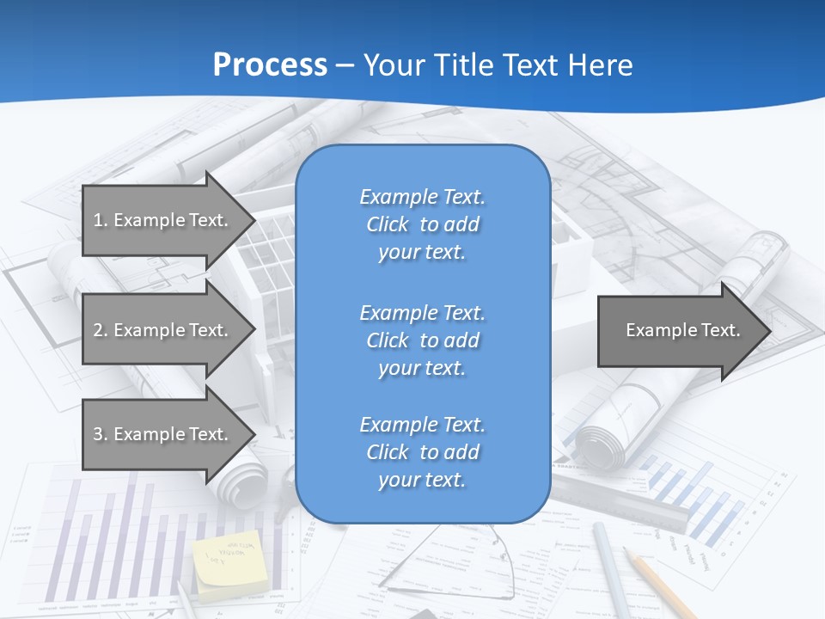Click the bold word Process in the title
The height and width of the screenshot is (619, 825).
tap(270, 65)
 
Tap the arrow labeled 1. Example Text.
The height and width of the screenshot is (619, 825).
tap(163, 220)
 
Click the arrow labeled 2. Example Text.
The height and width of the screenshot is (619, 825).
tap(163, 330)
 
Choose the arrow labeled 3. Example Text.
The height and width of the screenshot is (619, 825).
tap(163, 434)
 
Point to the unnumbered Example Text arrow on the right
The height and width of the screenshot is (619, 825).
tap(679, 330)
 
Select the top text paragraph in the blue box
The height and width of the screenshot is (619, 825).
tap(422, 224)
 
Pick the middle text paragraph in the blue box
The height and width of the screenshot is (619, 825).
tap(422, 340)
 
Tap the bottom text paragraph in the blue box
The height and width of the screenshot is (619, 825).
tap(422, 452)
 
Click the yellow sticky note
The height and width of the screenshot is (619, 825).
tap(229, 563)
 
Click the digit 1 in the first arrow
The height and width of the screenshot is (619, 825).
tap(97, 220)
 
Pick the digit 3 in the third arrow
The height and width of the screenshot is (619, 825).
tap(97, 434)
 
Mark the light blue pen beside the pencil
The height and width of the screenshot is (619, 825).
tap(612, 572)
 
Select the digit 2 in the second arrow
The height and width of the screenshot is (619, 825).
tap(97, 330)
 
